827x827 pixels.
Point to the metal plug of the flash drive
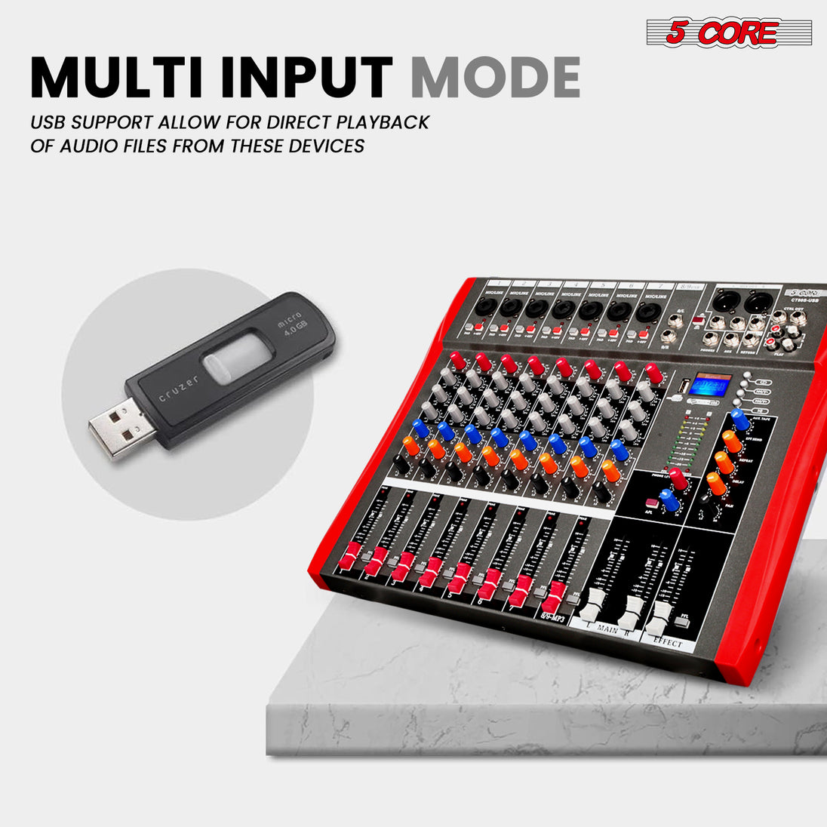[x=114, y=431]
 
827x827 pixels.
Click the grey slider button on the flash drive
[x=237, y=359]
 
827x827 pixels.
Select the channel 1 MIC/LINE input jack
[x=484, y=307]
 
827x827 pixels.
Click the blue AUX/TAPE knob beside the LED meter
[x=739, y=420]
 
